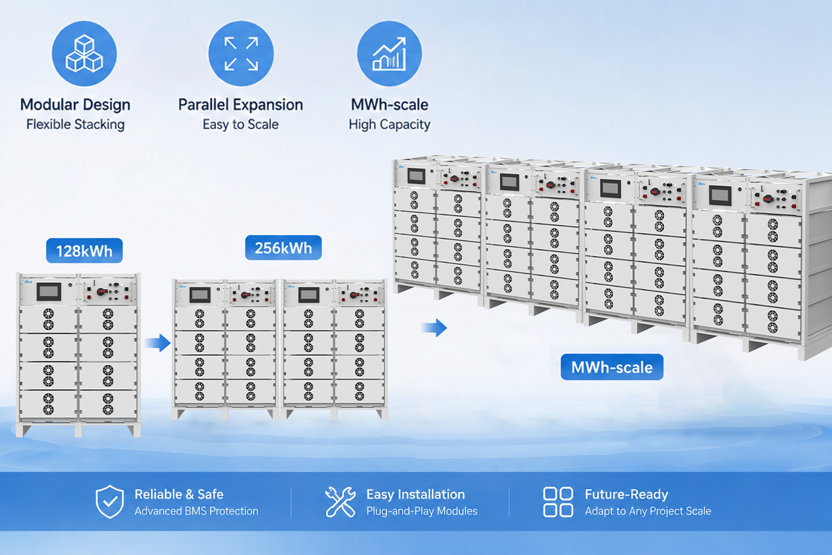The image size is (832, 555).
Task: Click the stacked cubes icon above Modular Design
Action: tap(85, 53)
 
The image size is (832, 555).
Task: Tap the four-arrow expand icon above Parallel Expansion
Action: tap(241, 53)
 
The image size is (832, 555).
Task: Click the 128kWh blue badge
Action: tap(85, 251)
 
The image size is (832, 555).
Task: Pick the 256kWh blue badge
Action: tap(284, 248)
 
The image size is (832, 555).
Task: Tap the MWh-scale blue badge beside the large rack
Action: tap(612, 367)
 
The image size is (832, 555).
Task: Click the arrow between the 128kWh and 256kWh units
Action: tap(158, 343)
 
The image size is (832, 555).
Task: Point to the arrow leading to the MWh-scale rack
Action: tap(435, 327)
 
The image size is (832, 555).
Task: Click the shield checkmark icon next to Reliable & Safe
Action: tap(110, 502)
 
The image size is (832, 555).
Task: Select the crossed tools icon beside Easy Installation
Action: tap(340, 502)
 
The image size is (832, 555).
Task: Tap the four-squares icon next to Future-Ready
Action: tap(558, 502)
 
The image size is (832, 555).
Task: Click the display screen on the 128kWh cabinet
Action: tap(49, 291)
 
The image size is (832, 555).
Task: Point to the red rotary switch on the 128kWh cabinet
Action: tap(101, 292)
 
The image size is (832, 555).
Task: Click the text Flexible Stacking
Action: tap(76, 125)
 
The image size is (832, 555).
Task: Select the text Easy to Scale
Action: tap(241, 125)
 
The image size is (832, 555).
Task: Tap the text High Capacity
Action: tap(389, 125)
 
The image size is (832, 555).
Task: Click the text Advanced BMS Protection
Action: tap(196, 511)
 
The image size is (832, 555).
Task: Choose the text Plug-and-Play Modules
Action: tap(422, 511)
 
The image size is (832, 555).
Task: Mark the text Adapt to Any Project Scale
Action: tap(648, 511)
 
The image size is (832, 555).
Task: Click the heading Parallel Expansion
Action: tap(241, 105)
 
